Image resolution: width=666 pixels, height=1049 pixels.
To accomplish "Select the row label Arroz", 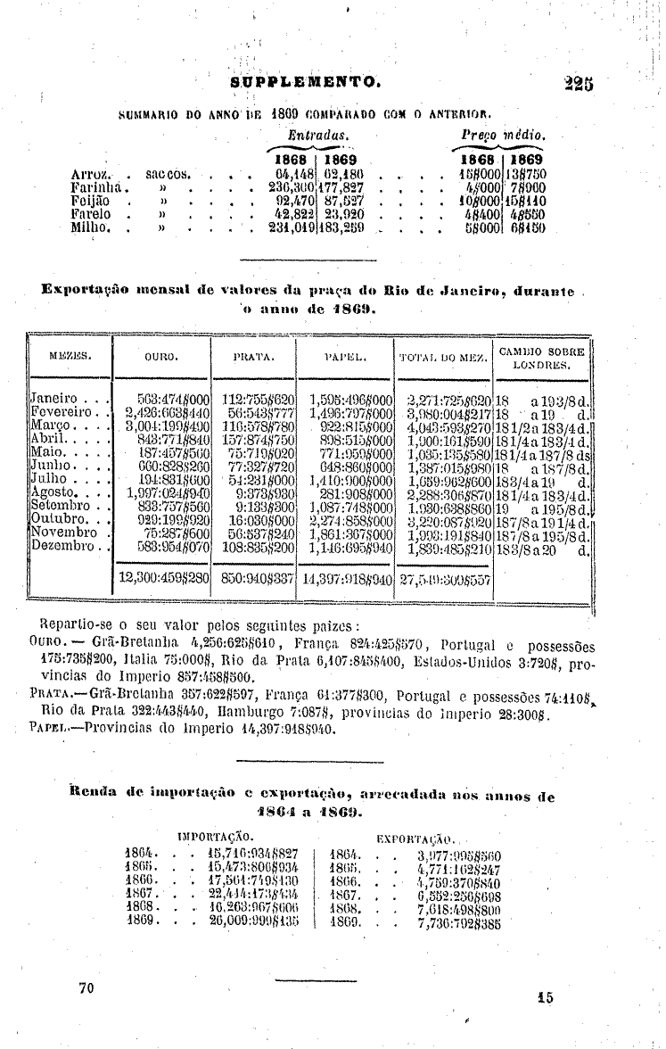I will pos(89,172).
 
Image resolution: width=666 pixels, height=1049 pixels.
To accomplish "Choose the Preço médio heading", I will pos(503,133).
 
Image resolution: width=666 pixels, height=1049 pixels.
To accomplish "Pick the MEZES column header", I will pos(71,358).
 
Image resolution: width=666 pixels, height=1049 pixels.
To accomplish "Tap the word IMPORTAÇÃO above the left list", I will pos(216,836).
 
